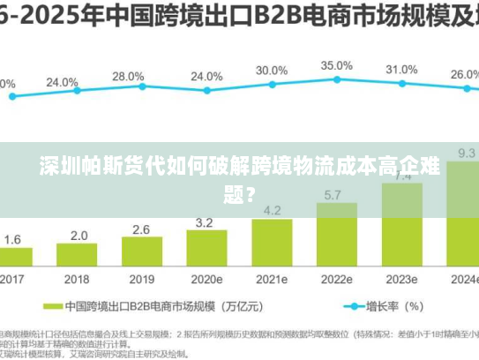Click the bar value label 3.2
pos(205,221)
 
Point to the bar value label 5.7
pos(334,194)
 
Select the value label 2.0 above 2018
pos(79,236)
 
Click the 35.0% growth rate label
pos(336,65)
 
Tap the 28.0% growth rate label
pos(129,77)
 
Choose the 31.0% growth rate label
pos(401,69)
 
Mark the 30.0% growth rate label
pos(272,70)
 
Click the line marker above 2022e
pos(336,80)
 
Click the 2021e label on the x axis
pos(272,278)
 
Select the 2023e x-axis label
pos(401,278)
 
